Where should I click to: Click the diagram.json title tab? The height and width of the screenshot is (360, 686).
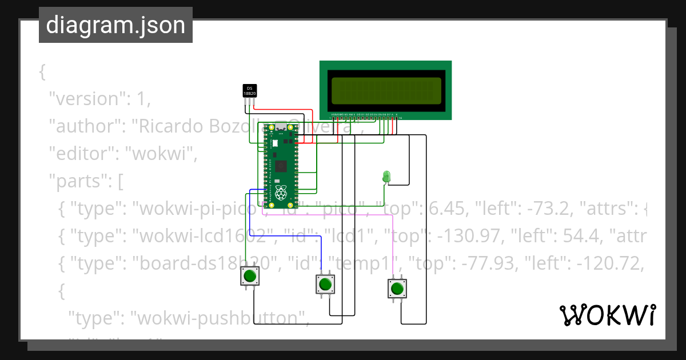(x=115, y=25)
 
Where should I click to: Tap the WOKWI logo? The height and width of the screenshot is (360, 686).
(x=607, y=315)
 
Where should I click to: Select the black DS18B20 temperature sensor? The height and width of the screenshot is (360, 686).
(x=250, y=91)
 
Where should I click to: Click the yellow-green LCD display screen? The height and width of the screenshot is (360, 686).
(x=385, y=90)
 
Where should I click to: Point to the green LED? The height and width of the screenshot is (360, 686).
(x=386, y=176)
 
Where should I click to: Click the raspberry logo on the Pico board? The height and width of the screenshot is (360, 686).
(x=280, y=192)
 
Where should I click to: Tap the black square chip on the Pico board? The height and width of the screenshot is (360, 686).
(x=281, y=166)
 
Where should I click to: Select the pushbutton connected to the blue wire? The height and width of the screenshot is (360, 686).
(x=325, y=283)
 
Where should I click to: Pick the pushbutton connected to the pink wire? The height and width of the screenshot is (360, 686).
(x=397, y=288)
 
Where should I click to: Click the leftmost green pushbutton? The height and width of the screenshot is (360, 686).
(x=249, y=277)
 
